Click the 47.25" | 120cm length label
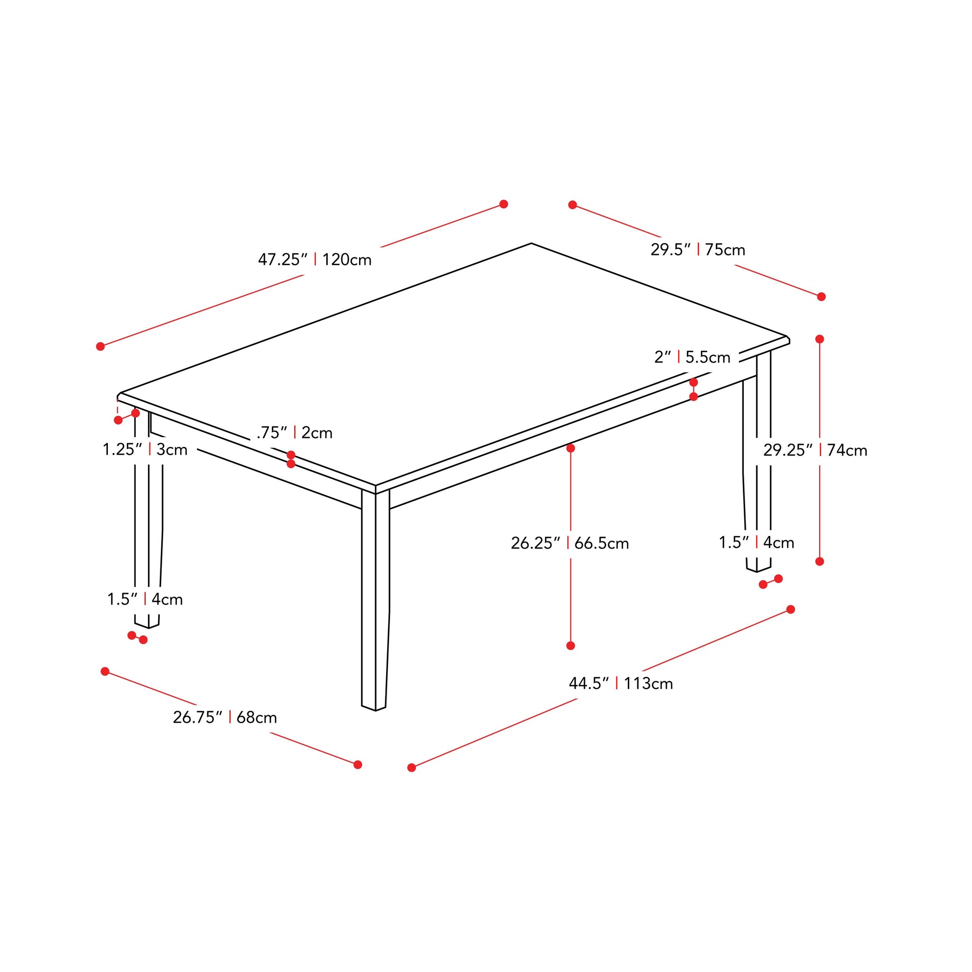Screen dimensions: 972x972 coord(315,260)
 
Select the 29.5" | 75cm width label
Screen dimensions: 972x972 coord(698,250)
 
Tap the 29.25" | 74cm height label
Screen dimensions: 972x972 coord(815,450)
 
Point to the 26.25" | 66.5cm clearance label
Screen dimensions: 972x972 coord(569,543)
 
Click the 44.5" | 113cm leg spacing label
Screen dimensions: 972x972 coord(620,683)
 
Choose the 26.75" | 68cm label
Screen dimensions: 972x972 coord(225,717)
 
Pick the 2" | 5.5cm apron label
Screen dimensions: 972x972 coord(692,357)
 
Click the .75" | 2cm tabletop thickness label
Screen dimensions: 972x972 coord(294,433)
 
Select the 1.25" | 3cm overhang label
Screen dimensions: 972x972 coord(145,449)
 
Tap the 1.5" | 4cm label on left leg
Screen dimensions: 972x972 coord(145,599)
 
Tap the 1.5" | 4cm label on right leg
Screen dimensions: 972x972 coord(756,542)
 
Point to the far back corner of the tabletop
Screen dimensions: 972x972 coord(531,244)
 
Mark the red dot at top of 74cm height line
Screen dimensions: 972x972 coord(820,339)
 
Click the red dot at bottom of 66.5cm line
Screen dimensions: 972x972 coord(570,645)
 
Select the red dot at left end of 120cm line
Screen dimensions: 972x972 coord(100,346)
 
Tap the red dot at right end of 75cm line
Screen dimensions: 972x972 coord(822,297)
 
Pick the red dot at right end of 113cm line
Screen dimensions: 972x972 coord(790,609)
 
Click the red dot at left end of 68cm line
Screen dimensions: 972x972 coord(105,671)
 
